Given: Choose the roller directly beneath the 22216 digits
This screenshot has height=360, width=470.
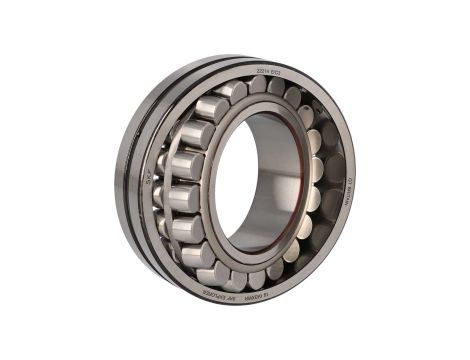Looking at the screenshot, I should pyautogui.click(x=232, y=92).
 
